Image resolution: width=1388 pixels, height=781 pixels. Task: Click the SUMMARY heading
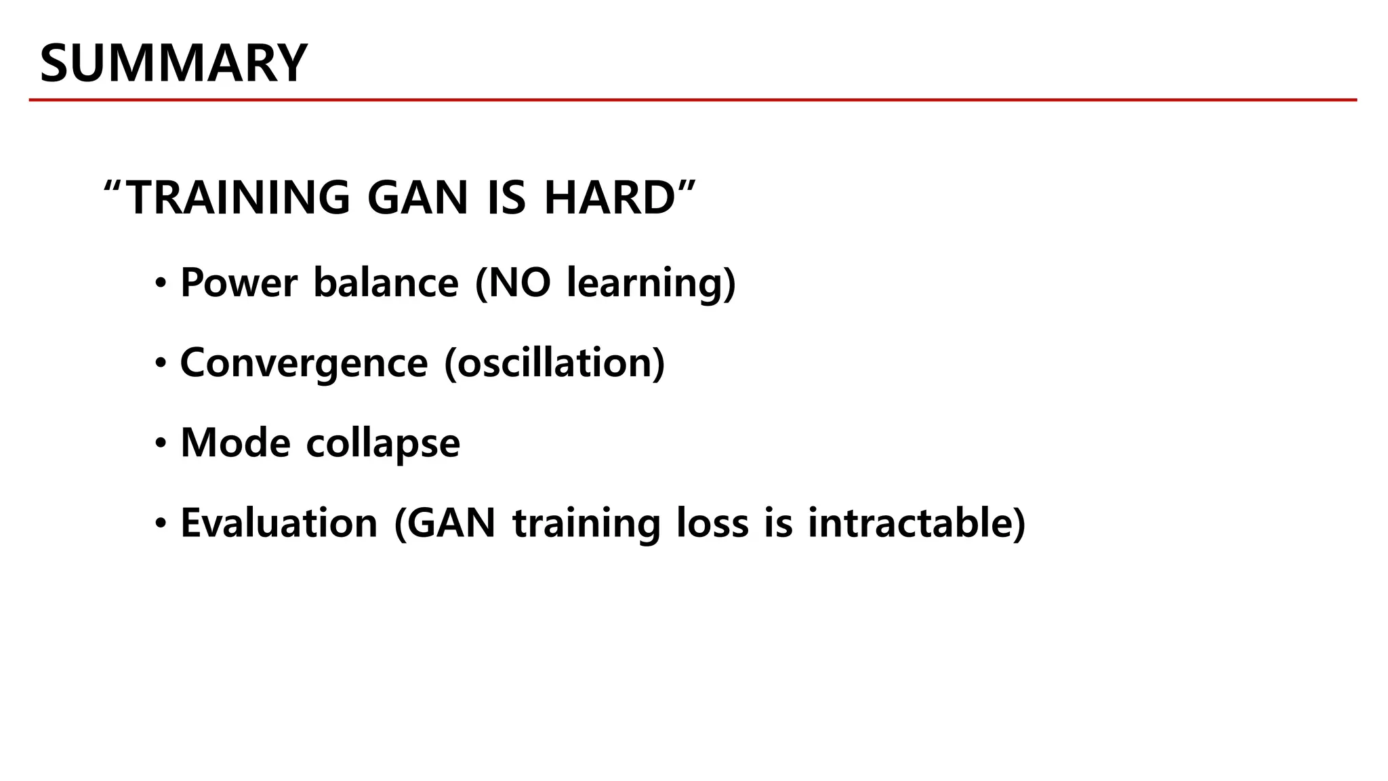[x=173, y=64]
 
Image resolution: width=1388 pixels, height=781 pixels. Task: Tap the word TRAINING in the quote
[x=239, y=198]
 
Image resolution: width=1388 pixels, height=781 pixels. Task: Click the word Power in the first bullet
[x=239, y=283]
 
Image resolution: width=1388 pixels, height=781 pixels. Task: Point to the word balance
[x=386, y=283]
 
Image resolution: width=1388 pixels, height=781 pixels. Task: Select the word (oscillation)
[x=554, y=363]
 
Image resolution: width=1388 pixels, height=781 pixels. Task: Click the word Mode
[x=235, y=443]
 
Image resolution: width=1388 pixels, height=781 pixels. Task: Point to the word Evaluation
[x=279, y=523]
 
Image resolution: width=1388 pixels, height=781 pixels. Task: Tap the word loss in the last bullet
[x=712, y=523]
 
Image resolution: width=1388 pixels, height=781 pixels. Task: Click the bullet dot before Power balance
[x=160, y=284]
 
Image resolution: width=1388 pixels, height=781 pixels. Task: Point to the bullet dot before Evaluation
[x=160, y=524]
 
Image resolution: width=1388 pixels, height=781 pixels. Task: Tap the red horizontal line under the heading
[x=693, y=100]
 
